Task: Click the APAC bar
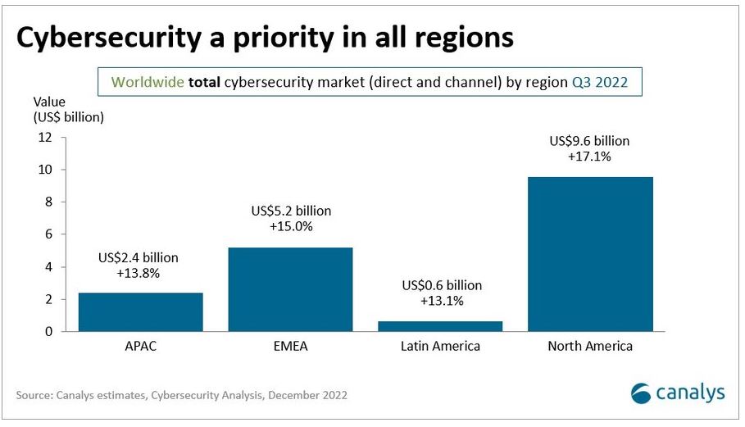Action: tap(141, 312)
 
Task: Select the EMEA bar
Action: tap(290, 289)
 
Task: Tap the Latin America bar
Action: tap(440, 326)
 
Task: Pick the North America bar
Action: tap(590, 254)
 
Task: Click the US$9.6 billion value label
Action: tap(589, 142)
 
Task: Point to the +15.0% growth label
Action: tap(291, 226)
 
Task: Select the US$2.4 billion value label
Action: tap(138, 258)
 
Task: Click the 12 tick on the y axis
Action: tap(46, 138)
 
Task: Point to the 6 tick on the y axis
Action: tap(49, 234)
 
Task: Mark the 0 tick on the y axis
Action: tap(49, 332)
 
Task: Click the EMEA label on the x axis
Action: tap(290, 347)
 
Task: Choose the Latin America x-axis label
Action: tap(440, 347)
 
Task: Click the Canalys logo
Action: tap(678, 393)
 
